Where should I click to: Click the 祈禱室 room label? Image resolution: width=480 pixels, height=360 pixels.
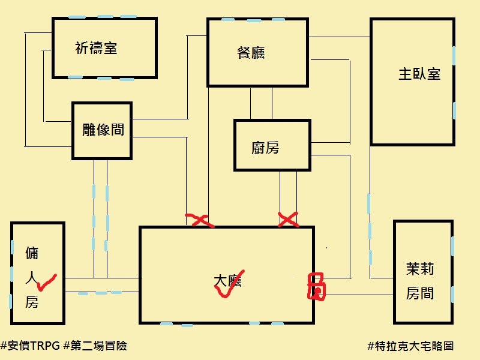tap(96, 49)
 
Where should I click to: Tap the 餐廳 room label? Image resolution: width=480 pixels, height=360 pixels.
tap(251, 53)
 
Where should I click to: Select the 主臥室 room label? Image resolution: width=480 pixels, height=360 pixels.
tap(419, 74)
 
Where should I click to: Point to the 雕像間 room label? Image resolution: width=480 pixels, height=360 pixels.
tap(103, 129)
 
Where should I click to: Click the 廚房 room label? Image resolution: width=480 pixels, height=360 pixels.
tap(265, 148)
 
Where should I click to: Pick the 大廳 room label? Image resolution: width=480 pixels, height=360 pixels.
tap(227, 281)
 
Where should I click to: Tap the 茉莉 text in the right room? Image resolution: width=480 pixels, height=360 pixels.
tap(420, 269)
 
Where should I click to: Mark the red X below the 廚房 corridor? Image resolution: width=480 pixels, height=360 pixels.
tap(289, 220)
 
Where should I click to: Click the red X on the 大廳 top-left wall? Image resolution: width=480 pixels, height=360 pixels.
tap(200, 221)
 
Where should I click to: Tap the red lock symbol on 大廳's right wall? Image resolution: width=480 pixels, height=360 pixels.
tap(316, 286)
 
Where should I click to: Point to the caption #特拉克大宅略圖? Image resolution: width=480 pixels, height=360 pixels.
tap(410, 346)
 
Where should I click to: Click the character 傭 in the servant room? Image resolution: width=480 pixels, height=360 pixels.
tap(32, 253)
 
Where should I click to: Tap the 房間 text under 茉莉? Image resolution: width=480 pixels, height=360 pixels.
tap(420, 294)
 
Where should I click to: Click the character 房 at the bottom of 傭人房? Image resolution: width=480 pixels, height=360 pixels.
tap(32, 302)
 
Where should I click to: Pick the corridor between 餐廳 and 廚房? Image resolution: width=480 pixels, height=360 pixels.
tap(261, 103)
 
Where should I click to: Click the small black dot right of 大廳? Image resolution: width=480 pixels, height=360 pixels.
tap(327, 247)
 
